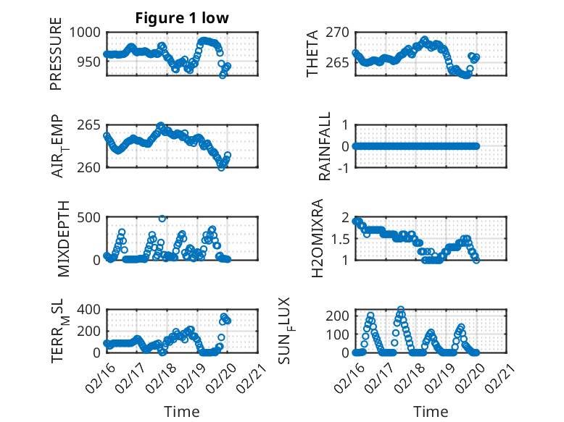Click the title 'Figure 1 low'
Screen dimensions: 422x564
tap(182, 18)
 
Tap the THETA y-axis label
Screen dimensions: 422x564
tap(312, 54)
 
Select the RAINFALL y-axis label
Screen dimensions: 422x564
tap(325, 145)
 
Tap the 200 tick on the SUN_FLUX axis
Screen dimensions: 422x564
tap(337, 316)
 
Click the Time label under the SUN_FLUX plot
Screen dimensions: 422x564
tap(431, 412)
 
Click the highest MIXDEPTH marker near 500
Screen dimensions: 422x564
tap(162, 218)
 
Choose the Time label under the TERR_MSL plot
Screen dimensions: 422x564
tap(182, 412)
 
